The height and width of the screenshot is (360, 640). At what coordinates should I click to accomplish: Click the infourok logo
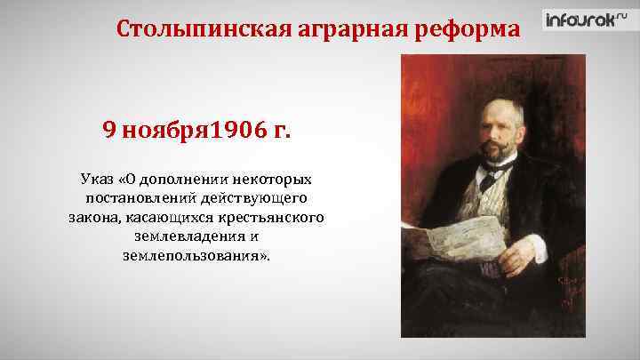coord(581,20)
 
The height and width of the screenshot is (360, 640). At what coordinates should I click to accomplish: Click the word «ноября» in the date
coord(164,132)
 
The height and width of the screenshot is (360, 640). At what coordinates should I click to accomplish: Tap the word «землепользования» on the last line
coord(182,256)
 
